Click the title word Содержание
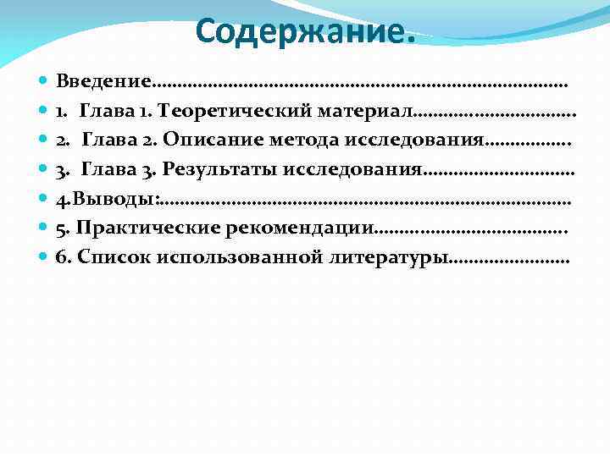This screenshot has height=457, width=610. (300, 31)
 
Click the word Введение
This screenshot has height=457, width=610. (103, 82)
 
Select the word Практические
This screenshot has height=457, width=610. (145, 228)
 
